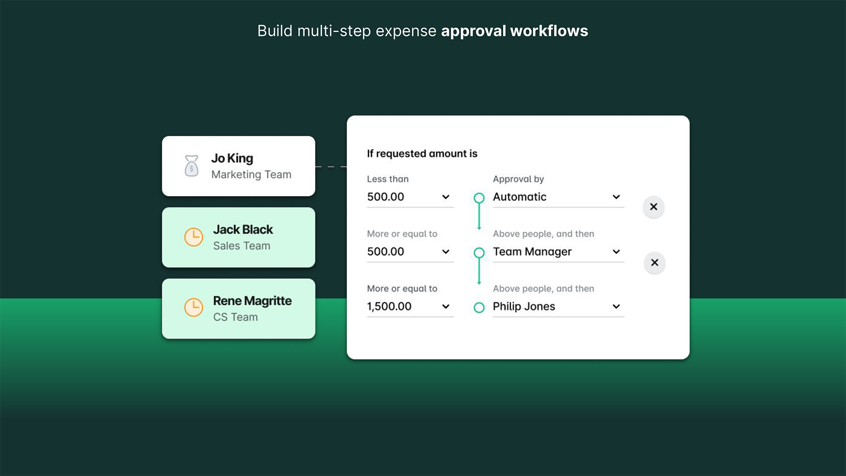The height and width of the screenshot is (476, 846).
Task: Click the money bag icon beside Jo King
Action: pyautogui.click(x=191, y=166)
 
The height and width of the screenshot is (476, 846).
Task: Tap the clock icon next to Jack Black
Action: pyautogui.click(x=193, y=237)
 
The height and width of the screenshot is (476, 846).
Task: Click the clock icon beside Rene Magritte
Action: pyautogui.click(x=193, y=308)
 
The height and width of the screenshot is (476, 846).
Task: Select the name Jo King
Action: pyautogui.click(x=232, y=158)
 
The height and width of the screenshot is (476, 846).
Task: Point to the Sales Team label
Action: pyautogui.click(x=241, y=246)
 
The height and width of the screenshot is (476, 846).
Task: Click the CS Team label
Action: pyautogui.click(x=235, y=317)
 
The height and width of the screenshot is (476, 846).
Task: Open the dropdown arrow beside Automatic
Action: pyautogui.click(x=616, y=197)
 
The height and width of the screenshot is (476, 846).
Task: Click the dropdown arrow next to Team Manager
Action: pyautogui.click(x=616, y=252)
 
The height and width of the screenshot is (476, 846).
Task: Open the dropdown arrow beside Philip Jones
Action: pyautogui.click(x=616, y=306)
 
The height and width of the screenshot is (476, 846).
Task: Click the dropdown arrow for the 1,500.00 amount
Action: pyautogui.click(x=445, y=306)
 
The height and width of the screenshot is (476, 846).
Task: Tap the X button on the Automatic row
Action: pyautogui.click(x=653, y=207)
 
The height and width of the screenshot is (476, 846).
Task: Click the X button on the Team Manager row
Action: pyautogui.click(x=654, y=263)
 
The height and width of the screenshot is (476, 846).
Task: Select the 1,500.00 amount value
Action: pyautogui.click(x=389, y=306)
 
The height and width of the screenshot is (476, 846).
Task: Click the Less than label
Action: pyautogui.click(x=388, y=179)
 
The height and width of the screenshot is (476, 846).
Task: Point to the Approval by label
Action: pyautogui.click(x=518, y=179)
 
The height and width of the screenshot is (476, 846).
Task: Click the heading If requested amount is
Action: pyautogui.click(x=422, y=153)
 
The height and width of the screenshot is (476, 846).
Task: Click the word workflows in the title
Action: pyautogui.click(x=549, y=31)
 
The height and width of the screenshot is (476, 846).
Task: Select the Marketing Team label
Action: pyautogui.click(x=251, y=175)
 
